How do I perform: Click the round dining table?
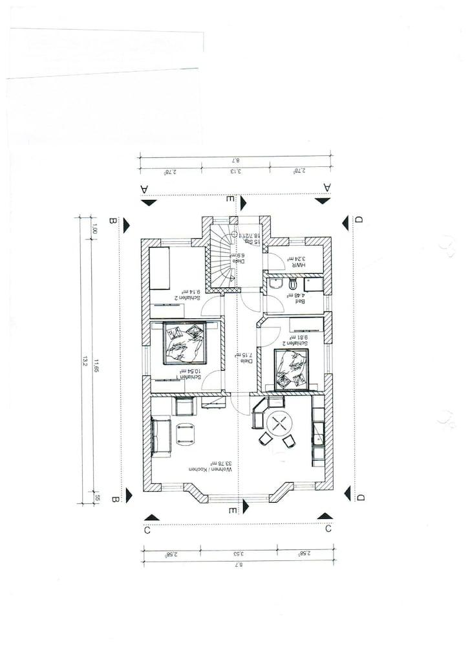tap(280, 424)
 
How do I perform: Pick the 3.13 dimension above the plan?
tap(236, 171)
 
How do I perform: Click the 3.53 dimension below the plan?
tap(237, 553)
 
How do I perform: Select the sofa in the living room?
tap(159, 437)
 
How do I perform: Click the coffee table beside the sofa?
tap(186, 434)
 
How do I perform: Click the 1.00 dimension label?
tap(96, 228)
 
